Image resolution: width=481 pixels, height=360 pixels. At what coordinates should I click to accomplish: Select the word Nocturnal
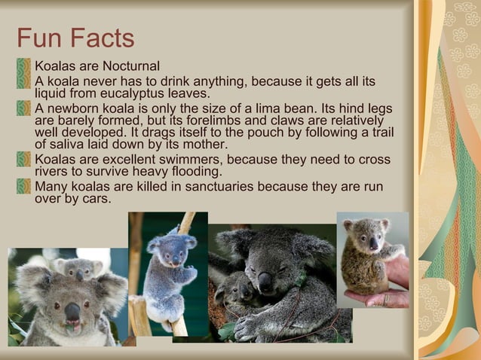click(x=131, y=67)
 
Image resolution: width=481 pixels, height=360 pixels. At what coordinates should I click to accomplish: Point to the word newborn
click(x=72, y=108)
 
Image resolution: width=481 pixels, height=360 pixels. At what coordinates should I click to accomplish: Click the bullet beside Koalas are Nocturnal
click(x=26, y=67)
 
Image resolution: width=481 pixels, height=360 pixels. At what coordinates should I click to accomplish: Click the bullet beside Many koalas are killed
click(x=26, y=186)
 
